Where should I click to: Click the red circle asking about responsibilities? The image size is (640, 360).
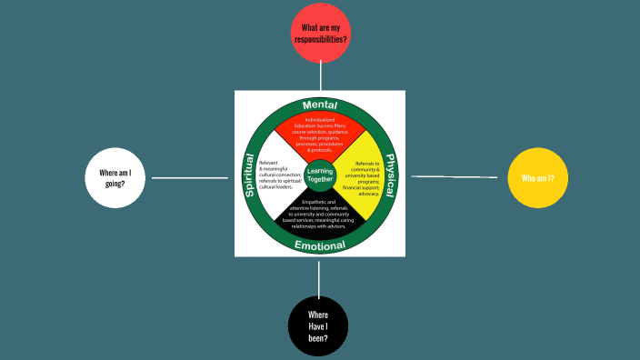pyautogui.click(x=319, y=34)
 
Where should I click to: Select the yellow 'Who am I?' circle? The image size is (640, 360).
pyautogui.click(x=531, y=178)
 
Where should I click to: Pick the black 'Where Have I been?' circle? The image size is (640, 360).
pyautogui.click(x=317, y=326)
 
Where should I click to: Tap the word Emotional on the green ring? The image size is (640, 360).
pyautogui.click(x=318, y=245)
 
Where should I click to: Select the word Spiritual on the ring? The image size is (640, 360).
pyautogui.click(x=250, y=175)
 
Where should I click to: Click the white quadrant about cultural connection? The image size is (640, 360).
pyautogui.click(x=278, y=175)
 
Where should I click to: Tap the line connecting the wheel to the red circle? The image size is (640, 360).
pyautogui.click(x=319, y=77)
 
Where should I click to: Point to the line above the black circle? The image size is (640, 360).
pyautogui.click(x=318, y=276)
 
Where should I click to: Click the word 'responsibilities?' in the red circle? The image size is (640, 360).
pyautogui.click(x=319, y=40)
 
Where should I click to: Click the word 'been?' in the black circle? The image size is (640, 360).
pyautogui.click(x=317, y=338)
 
